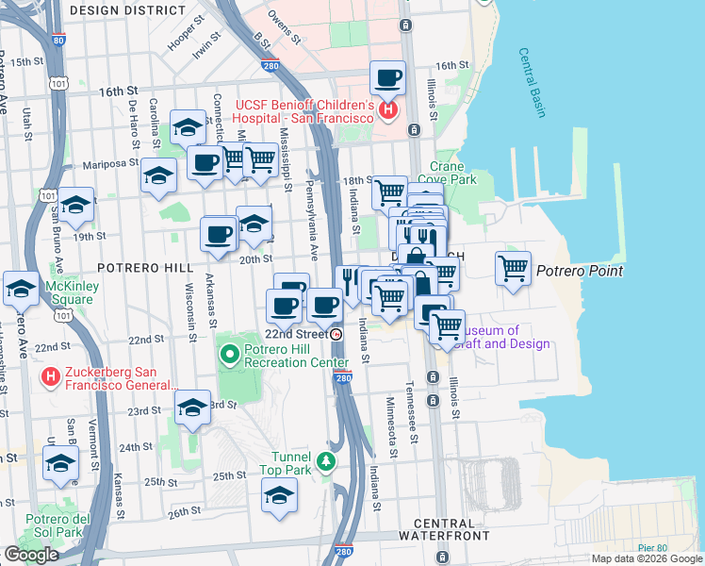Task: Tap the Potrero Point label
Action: (580, 272)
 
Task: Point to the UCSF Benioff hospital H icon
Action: (387, 111)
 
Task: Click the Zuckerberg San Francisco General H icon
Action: (53, 378)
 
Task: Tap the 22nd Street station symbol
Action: (337, 334)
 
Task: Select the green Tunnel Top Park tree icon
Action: (326, 461)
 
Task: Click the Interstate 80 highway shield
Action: (59, 42)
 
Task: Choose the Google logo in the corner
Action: (31, 555)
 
